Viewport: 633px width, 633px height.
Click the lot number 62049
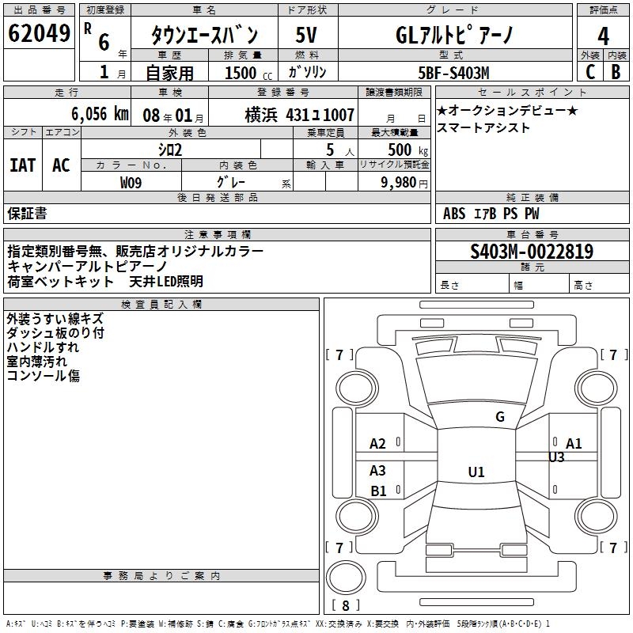point(39,35)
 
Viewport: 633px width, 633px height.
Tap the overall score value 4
point(603,36)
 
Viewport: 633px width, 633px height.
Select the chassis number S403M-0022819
point(532,252)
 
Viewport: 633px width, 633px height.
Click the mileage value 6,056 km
point(100,113)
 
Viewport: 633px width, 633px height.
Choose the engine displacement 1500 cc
point(244,73)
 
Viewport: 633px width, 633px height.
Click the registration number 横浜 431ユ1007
point(299,114)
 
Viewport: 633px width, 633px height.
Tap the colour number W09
point(131,182)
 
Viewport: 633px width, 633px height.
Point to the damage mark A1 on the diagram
point(574,443)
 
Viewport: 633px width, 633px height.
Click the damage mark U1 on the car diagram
point(476,472)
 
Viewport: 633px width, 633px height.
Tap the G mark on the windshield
point(499,417)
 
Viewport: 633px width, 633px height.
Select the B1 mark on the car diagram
point(379,491)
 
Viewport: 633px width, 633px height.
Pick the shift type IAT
point(22,165)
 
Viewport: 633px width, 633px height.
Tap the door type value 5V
point(307,36)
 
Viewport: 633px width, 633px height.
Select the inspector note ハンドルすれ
point(43,347)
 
